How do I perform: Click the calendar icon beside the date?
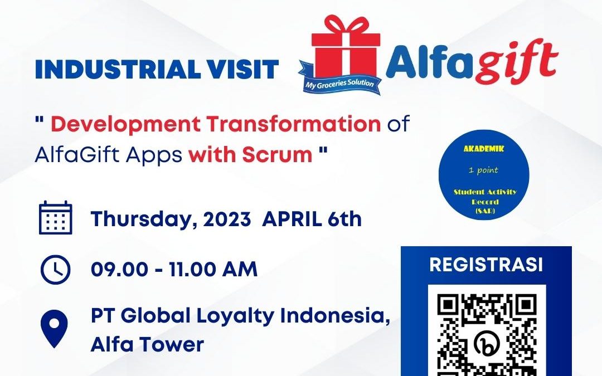[x=56, y=218]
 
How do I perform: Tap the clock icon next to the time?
[x=56, y=270]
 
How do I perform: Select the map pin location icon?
[x=54, y=329]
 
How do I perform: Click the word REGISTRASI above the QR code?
[x=486, y=265]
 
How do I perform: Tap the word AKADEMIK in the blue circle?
[x=484, y=149]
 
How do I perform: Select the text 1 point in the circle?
[x=483, y=169]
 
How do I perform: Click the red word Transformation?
[x=294, y=124]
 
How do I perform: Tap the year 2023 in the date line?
[x=227, y=219]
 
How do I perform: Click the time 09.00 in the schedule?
[x=119, y=270]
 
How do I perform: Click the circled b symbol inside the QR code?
[x=487, y=343]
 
